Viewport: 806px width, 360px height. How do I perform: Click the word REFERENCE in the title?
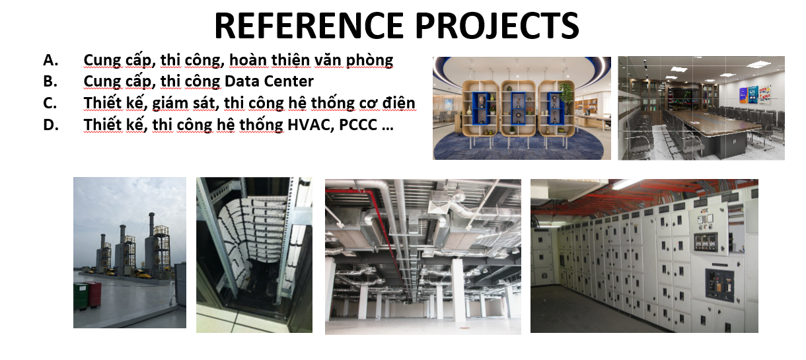309,25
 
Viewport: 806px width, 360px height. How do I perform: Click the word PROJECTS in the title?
497,25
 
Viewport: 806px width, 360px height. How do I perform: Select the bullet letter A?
50,60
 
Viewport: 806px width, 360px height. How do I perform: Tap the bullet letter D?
51,125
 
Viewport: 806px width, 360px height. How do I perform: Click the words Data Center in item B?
269,81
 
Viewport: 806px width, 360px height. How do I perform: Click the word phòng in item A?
369,60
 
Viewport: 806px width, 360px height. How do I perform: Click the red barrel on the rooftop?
94,294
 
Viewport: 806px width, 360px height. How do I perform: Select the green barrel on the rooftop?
81,296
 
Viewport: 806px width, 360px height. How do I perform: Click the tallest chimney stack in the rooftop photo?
152,244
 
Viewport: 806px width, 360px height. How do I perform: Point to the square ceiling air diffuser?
439,207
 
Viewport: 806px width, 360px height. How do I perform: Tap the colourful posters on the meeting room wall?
754,94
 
